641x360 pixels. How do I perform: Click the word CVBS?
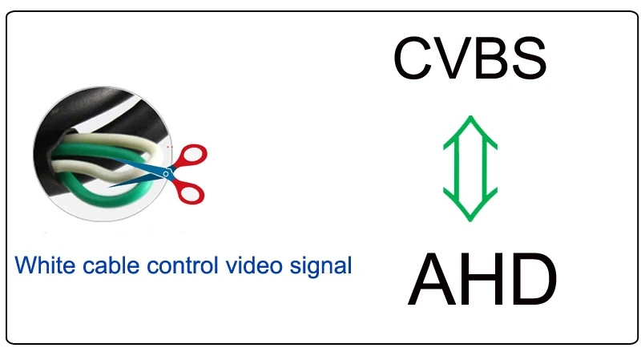pos(470,58)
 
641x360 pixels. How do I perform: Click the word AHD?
pos(482,281)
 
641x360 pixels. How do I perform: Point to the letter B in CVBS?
pos(490,58)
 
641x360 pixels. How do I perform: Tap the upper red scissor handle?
pos(191,156)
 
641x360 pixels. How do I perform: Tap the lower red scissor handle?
pos(190,192)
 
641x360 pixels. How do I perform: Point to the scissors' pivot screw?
pos(166,172)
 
